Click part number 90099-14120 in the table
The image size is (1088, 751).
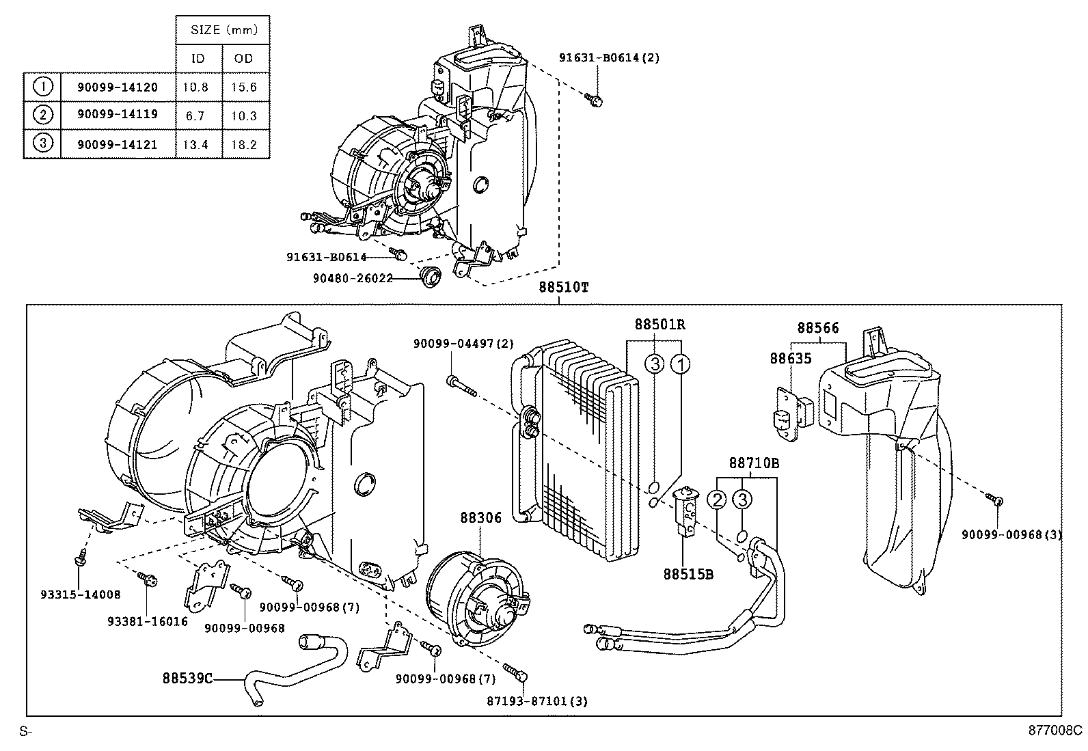click(x=118, y=87)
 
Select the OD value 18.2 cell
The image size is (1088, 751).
click(x=244, y=144)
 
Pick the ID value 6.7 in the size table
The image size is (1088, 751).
click(x=195, y=115)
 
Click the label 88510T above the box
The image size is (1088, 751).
click(x=562, y=288)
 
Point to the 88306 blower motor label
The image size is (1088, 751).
click(x=480, y=518)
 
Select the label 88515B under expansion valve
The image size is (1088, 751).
click(x=688, y=575)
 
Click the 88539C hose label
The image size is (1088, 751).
click(x=187, y=679)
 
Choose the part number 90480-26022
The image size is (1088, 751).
click(x=353, y=278)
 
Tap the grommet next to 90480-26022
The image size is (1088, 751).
click(x=431, y=277)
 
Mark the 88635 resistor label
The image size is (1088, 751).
click(x=790, y=358)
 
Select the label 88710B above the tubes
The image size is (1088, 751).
click(x=753, y=463)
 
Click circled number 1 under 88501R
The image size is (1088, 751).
click(x=680, y=364)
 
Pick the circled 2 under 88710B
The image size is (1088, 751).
click(x=716, y=500)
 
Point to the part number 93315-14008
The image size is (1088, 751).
click(x=80, y=595)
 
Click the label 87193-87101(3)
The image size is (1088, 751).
click(x=536, y=700)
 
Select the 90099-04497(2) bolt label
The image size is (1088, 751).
click(x=463, y=345)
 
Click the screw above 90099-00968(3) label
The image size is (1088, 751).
click(x=998, y=501)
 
